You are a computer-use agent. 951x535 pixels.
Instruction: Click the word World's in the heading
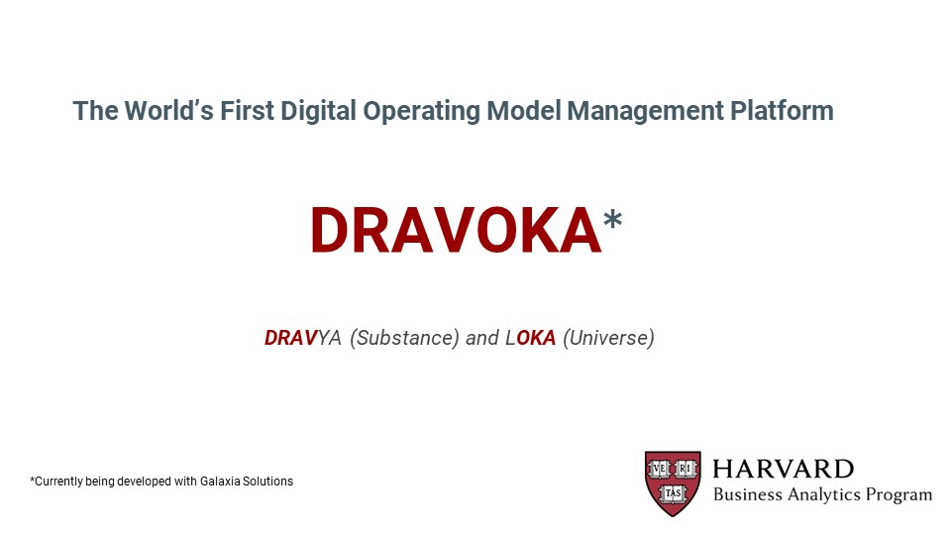coord(169,110)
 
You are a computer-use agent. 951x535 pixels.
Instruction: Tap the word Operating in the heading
coord(422,112)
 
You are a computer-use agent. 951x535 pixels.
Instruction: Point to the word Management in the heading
coord(645,112)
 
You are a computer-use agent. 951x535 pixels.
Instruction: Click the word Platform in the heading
coord(782,110)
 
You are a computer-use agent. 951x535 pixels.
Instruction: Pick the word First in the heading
coord(247,110)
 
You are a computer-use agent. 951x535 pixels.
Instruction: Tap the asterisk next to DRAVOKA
coord(612,218)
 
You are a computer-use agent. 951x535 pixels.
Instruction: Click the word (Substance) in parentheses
coord(404,338)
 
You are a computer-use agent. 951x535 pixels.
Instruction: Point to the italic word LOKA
coord(531,337)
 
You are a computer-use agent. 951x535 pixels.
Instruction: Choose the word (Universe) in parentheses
coord(609,338)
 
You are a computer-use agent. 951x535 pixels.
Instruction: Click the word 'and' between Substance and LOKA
coord(482,337)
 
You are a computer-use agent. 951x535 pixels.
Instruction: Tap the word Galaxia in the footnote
coord(220,481)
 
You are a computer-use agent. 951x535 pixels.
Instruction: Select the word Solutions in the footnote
coord(267,481)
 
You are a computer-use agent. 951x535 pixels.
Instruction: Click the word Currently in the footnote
coord(57,481)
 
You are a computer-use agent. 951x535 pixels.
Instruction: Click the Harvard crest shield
coord(673,483)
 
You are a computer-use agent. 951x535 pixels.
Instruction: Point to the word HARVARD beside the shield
coord(783,469)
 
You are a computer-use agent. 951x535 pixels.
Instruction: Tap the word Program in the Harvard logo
coord(898,495)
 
